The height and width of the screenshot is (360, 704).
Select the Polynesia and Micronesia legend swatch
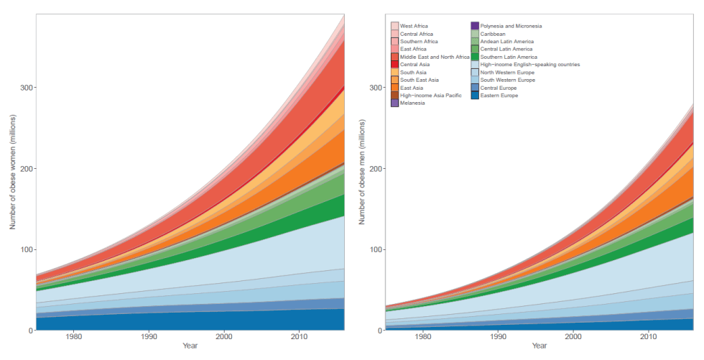(475, 26)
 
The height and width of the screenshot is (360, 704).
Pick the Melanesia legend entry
(412, 103)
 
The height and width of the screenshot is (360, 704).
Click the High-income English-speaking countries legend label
(529, 64)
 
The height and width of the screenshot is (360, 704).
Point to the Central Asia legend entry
(414, 64)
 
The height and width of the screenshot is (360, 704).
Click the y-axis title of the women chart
(12, 173)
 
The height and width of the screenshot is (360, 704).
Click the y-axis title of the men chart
(362, 173)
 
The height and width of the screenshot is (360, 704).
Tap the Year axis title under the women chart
(190, 346)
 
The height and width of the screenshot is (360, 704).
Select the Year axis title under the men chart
(539, 346)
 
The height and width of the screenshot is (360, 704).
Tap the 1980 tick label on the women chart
(72, 336)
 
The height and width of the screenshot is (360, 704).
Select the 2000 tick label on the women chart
(224, 336)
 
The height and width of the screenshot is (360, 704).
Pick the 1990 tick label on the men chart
(499, 336)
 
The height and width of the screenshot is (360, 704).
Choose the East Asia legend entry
(411, 88)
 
